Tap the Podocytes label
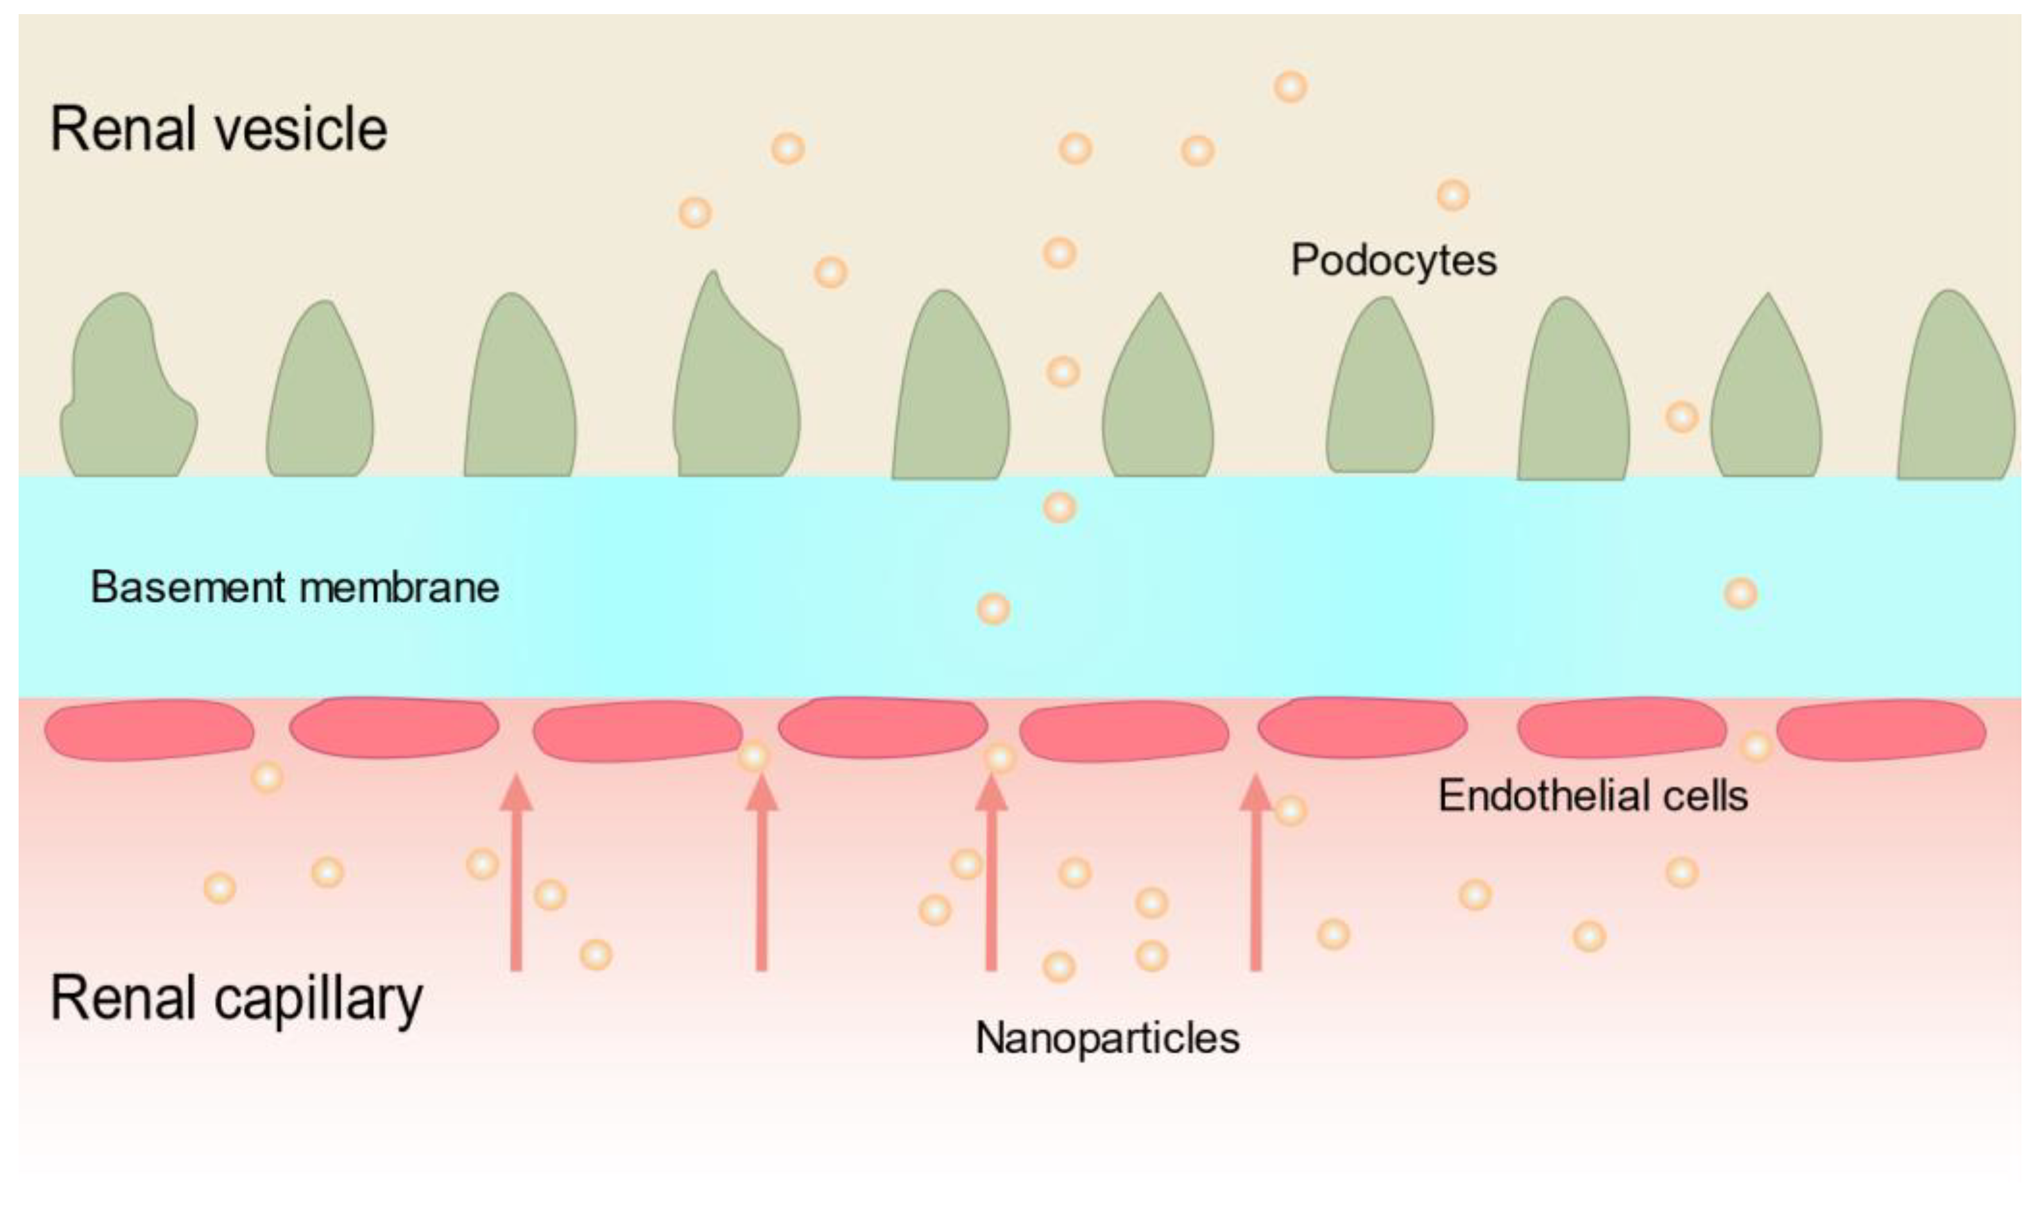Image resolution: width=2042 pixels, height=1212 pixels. coord(1393,260)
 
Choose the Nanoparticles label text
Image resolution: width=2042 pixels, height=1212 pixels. coord(1107,1038)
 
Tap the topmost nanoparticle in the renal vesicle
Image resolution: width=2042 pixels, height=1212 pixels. coord(1291,87)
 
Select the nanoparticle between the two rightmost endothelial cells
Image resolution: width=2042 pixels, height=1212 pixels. coord(1755,746)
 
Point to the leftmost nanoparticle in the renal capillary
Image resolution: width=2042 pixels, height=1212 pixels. coord(219,888)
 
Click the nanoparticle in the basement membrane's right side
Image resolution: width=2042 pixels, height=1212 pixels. coord(1740,594)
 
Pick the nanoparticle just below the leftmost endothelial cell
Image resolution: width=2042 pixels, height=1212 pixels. coord(266,777)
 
